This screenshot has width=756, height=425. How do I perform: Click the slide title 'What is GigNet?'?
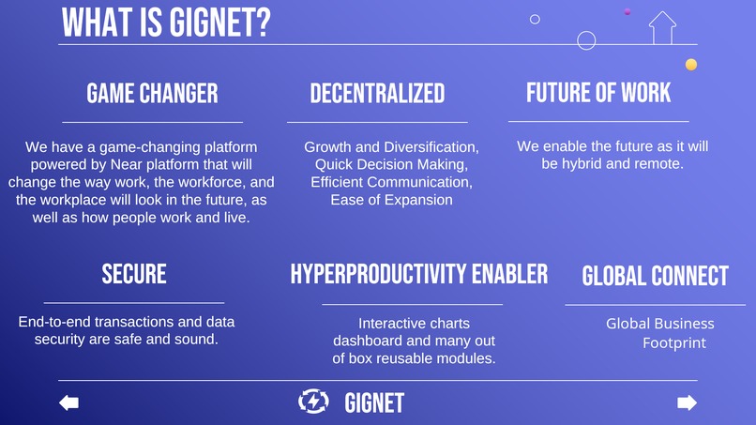pyautogui.click(x=166, y=22)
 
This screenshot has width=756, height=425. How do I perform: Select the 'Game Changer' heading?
pyautogui.click(x=152, y=93)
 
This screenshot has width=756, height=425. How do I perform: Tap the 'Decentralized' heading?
pyautogui.click(x=377, y=93)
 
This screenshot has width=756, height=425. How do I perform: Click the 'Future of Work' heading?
pyautogui.click(x=598, y=92)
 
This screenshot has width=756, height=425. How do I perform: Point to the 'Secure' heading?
pyautogui.click(x=134, y=274)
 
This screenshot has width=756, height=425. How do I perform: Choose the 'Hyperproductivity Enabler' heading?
pyautogui.click(x=418, y=274)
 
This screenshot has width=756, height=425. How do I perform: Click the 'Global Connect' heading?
pyautogui.click(x=655, y=276)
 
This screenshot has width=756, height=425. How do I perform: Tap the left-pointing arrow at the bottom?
pyautogui.click(x=68, y=402)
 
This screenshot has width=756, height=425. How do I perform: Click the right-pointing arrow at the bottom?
pyautogui.click(x=687, y=402)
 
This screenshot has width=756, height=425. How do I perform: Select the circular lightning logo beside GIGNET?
pyautogui.click(x=312, y=402)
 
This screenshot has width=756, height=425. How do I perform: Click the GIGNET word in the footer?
pyautogui.click(x=374, y=403)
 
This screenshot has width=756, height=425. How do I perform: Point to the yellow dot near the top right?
pyautogui.click(x=691, y=65)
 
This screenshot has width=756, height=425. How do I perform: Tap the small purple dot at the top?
pyautogui.click(x=627, y=11)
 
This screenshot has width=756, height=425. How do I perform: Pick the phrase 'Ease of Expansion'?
pyautogui.click(x=391, y=199)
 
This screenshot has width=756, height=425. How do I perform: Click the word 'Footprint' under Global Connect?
pyautogui.click(x=674, y=343)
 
